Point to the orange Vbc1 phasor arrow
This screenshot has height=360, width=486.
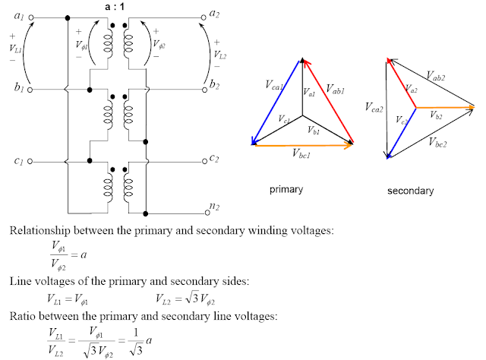[303, 145]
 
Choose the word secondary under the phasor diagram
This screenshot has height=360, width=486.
[410, 191]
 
